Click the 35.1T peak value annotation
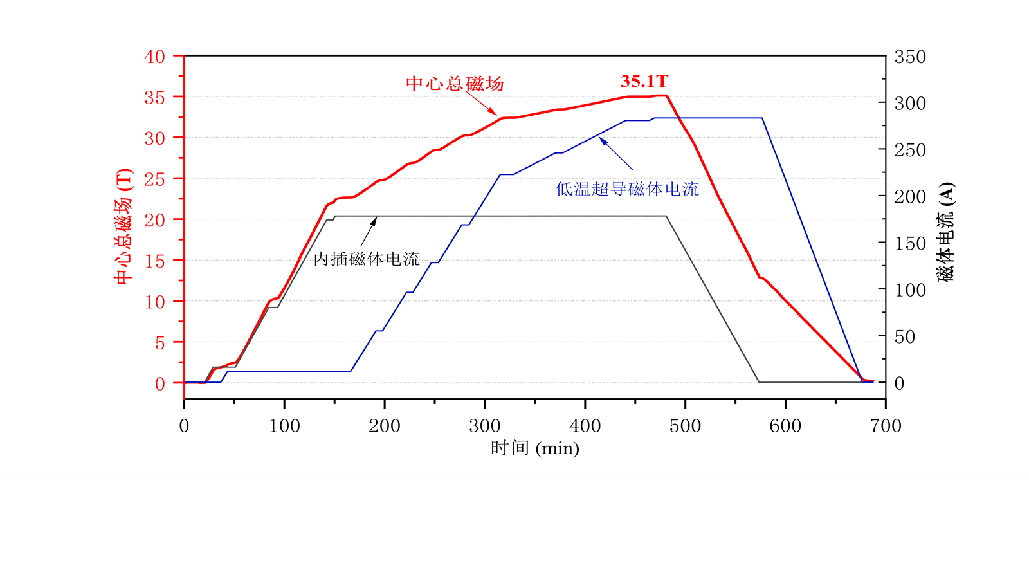(x=644, y=81)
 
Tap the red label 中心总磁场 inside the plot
(x=455, y=84)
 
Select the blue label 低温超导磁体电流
(x=627, y=189)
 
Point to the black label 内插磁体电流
(x=367, y=259)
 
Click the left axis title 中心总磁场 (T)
(x=123, y=226)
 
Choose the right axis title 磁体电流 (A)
(x=945, y=232)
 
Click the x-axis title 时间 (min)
(x=534, y=448)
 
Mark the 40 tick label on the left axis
(x=154, y=57)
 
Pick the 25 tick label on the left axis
(x=154, y=179)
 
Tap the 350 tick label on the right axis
(x=910, y=57)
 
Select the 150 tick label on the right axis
(x=910, y=244)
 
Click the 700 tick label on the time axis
(x=886, y=426)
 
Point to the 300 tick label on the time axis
(x=485, y=426)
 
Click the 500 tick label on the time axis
(x=685, y=426)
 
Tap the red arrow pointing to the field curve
(x=482, y=104)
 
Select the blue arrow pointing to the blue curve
(x=616, y=154)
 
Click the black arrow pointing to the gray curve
(x=369, y=232)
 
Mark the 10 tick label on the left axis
(x=154, y=302)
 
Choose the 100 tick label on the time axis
(x=284, y=426)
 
